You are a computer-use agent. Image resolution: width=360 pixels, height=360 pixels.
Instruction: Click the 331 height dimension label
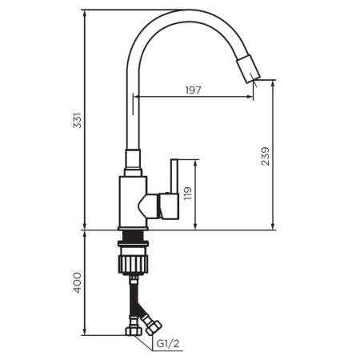pos(78,121)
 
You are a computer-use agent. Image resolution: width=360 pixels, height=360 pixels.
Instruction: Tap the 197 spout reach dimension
pos(194,90)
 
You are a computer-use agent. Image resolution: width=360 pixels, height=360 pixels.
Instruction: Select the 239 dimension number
pos(266,156)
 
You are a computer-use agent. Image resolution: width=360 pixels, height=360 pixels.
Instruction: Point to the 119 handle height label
pos(188,194)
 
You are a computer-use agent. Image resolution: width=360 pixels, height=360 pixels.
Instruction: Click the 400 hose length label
pos(78,282)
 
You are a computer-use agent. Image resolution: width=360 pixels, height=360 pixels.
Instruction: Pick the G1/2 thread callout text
pos(168,344)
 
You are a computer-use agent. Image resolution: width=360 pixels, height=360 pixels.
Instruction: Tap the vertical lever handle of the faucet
pos(174,176)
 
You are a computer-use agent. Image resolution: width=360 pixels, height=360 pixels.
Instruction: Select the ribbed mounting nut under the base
pos(133,264)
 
